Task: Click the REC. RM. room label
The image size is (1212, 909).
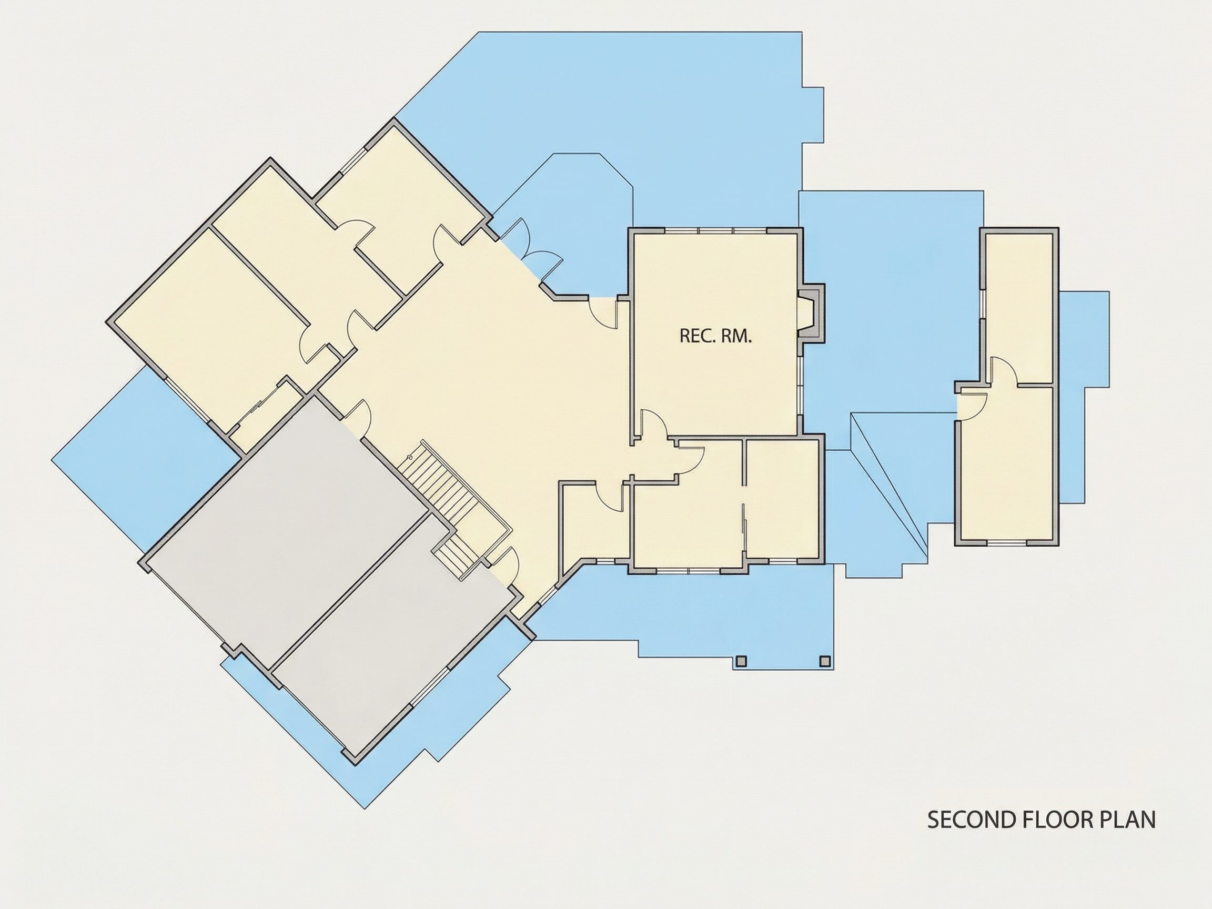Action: coord(715,336)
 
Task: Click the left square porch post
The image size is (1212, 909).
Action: coord(741,661)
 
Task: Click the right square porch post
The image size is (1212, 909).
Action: coord(824,661)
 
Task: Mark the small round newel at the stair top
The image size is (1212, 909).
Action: coord(410,457)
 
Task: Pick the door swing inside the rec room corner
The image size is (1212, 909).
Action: coord(654,425)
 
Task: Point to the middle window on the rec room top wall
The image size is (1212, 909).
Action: coord(715,231)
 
